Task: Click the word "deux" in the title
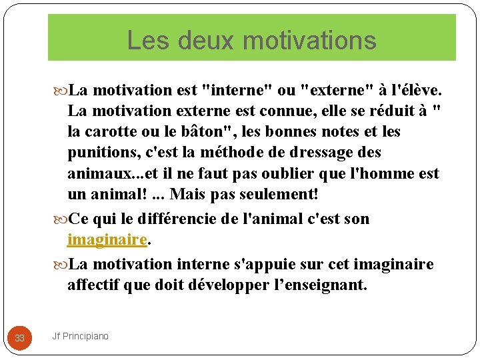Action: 196,40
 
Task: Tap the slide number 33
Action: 19,338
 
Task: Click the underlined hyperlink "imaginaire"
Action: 107,239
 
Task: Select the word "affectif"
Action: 93,285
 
